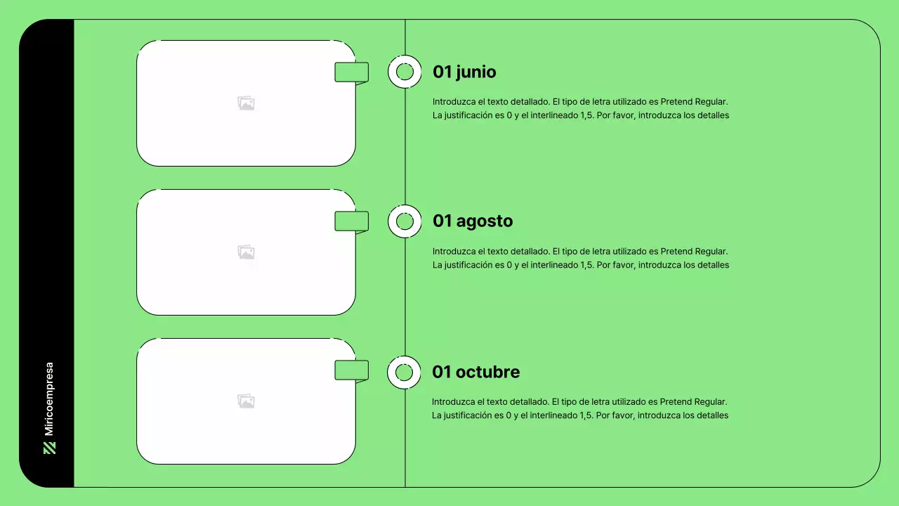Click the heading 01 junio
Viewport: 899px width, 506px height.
click(x=464, y=72)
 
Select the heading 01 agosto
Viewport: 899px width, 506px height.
click(x=473, y=221)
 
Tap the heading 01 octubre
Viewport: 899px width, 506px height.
click(x=476, y=372)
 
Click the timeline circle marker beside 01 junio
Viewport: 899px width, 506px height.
click(x=405, y=72)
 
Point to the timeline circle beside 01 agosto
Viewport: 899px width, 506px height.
click(x=405, y=221)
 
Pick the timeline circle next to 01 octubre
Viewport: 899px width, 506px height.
click(x=404, y=372)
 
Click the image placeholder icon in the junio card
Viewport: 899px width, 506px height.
click(x=246, y=103)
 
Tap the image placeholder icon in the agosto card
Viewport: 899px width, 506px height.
click(x=246, y=252)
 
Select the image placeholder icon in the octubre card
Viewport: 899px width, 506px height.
click(x=246, y=401)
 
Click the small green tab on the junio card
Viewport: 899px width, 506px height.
click(x=351, y=72)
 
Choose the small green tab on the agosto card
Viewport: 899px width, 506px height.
click(x=351, y=221)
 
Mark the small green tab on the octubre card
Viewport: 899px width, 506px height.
click(x=351, y=370)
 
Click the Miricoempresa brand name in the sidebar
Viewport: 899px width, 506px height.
click(x=49, y=398)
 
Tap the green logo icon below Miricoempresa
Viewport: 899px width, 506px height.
click(x=49, y=448)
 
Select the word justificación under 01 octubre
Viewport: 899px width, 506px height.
click(x=473, y=415)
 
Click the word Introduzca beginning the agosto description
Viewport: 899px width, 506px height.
click(x=454, y=251)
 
